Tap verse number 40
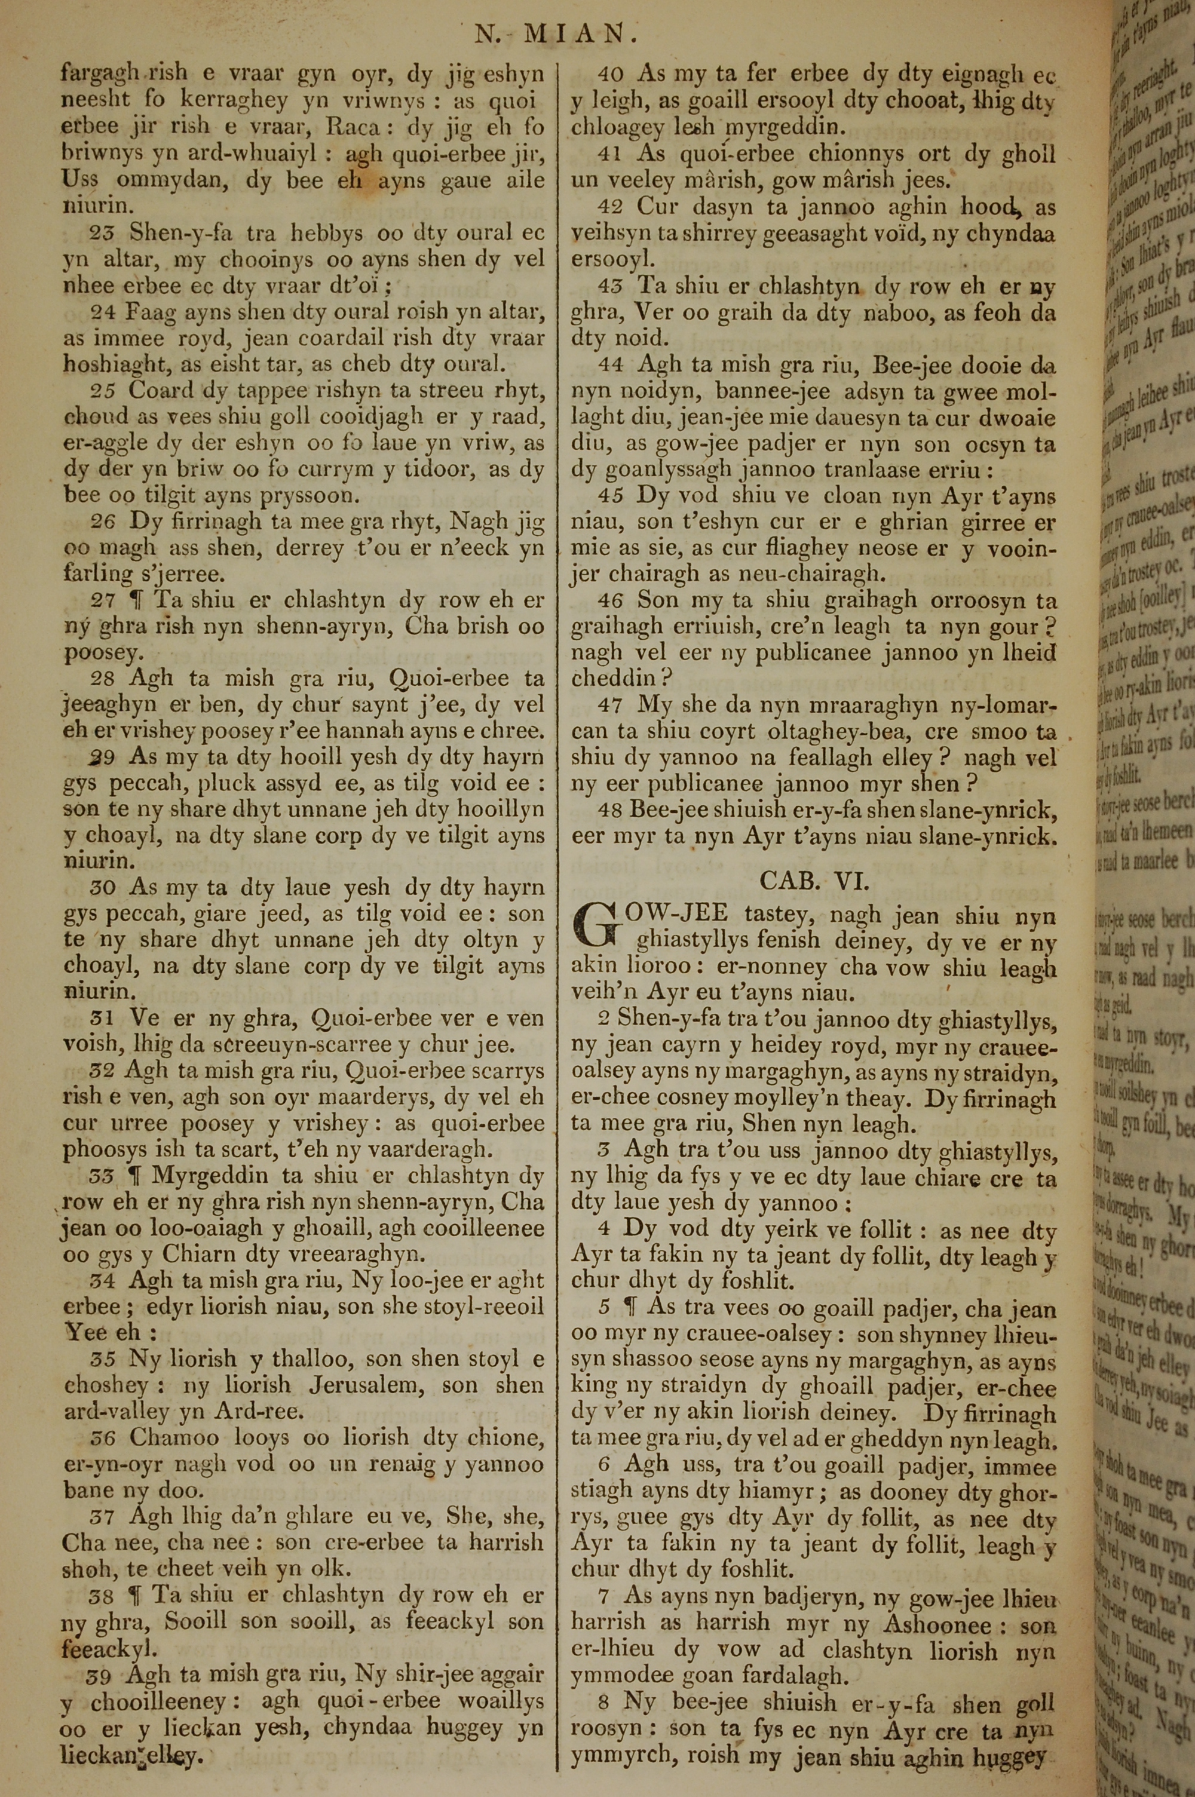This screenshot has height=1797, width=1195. click(x=609, y=75)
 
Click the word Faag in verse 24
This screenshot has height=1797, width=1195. click(x=153, y=312)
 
